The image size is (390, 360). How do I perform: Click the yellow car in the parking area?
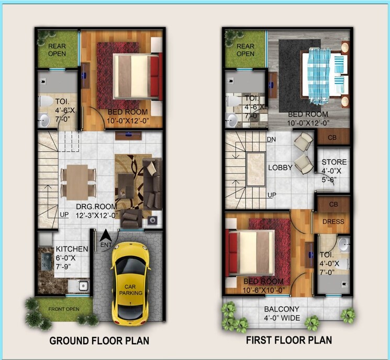(x=130, y=283)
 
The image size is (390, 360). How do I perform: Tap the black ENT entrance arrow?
(x=105, y=237)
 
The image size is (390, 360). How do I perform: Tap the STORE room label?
(x=333, y=162)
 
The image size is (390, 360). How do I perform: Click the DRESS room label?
(x=333, y=222)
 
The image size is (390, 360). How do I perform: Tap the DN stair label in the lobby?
(x=271, y=140)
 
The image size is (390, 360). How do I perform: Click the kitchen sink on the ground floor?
(x=82, y=286)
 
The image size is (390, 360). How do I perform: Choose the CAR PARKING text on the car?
(x=129, y=289)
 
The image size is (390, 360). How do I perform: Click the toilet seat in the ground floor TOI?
(x=46, y=101)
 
